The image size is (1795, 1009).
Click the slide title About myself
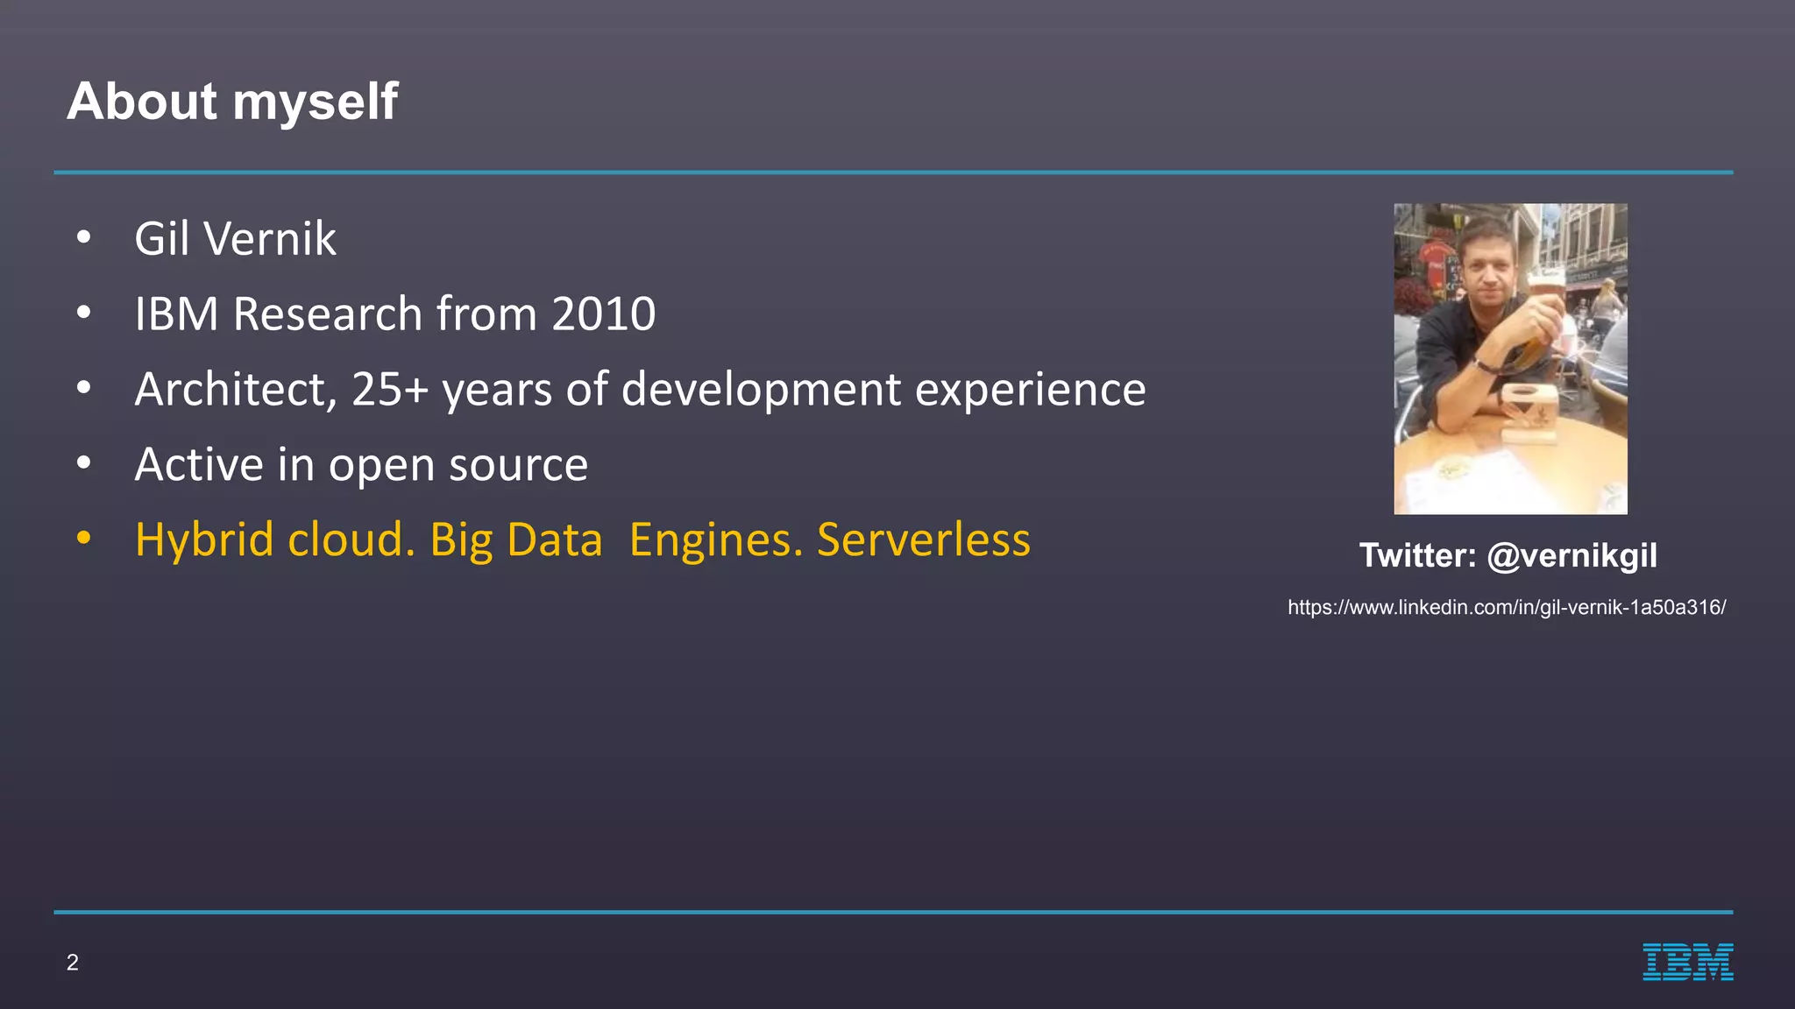(232, 102)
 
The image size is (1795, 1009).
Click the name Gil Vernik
(235, 239)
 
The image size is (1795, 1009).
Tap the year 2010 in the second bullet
(603, 314)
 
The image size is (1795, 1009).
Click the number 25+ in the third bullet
(389, 389)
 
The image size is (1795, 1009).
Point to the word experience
(1030, 391)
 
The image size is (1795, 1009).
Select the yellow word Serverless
(923, 540)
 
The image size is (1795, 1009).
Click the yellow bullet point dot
(83, 538)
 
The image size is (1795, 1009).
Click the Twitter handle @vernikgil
(1572, 555)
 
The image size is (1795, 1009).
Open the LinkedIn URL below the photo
(1506, 607)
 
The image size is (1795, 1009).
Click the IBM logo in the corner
(1687, 962)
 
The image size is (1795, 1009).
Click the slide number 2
(73, 963)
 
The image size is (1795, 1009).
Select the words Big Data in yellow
(515, 540)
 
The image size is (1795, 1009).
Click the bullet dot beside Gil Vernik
(83, 237)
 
